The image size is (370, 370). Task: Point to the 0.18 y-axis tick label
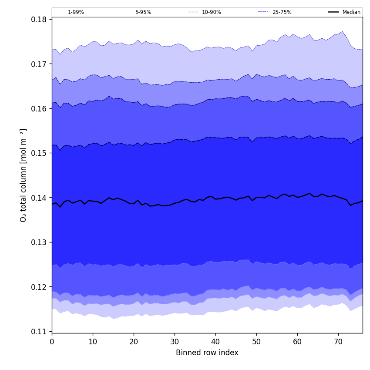[x=39, y=20]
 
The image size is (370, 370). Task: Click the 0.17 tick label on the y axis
[x=39, y=64]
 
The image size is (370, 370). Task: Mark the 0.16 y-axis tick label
[x=39, y=109]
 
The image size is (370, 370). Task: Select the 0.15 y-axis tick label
[x=39, y=153]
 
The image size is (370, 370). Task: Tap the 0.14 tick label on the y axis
[x=39, y=198]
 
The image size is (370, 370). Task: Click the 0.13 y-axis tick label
[x=39, y=242]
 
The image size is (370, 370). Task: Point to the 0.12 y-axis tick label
[x=39, y=287]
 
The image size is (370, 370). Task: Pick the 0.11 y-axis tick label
[x=39, y=332]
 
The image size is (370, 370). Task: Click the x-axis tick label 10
[x=93, y=342]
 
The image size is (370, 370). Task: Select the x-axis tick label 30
[x=175, y=342]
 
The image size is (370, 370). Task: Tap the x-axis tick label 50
[x=256, y=342]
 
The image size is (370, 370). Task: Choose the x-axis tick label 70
[x=338, y=342]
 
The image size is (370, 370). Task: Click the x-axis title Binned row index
[x=207, y=353]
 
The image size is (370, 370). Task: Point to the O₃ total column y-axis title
[x=24, y=175]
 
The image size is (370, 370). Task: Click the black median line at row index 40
[x=215, y=199]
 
